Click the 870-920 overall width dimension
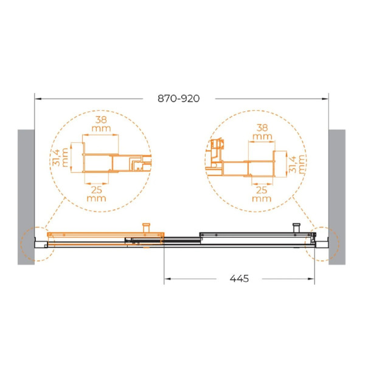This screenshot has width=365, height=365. coord(178,99)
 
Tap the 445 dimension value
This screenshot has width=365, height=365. coord(239,279)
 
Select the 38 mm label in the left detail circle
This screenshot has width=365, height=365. coord(101,124)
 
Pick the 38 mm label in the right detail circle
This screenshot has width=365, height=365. coord(262,132)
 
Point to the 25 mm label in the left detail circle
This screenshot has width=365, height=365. coord(96,194)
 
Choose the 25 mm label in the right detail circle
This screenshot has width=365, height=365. coord(262,194)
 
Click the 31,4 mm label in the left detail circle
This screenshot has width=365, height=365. coord(60,157)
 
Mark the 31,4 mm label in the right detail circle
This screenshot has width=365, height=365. coord(297,164)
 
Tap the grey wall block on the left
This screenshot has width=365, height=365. coord(26,197)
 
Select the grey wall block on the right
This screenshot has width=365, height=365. coord(337,197)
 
